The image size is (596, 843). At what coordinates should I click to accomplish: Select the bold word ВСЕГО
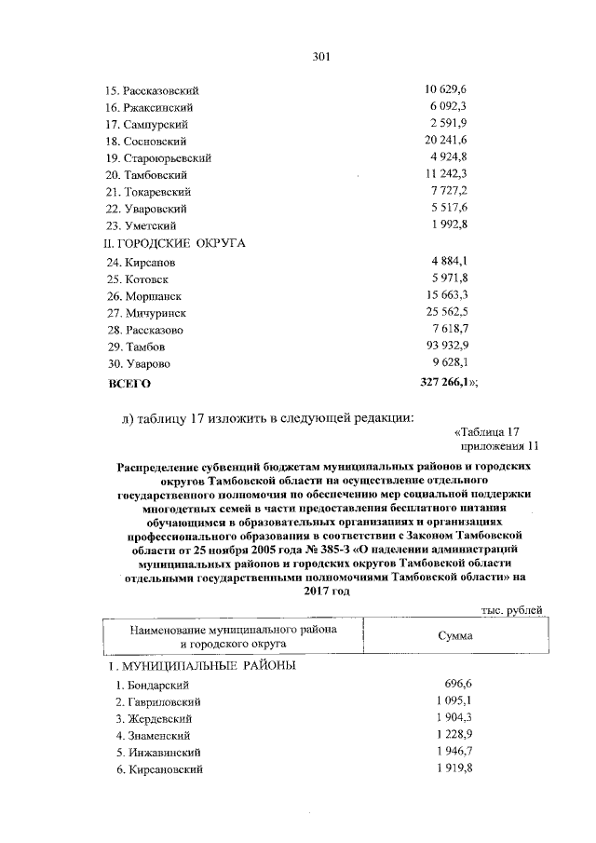point(129,383)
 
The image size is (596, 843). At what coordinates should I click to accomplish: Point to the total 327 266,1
point(448,382)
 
